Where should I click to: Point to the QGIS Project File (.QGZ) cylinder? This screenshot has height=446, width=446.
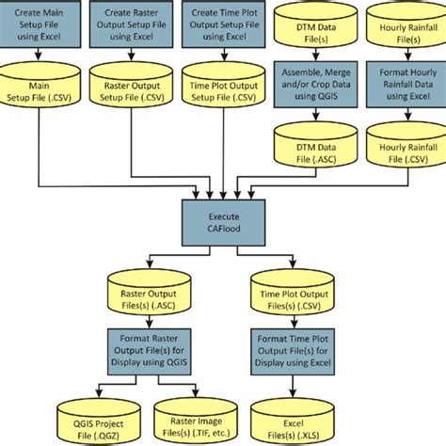coord(91,414)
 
